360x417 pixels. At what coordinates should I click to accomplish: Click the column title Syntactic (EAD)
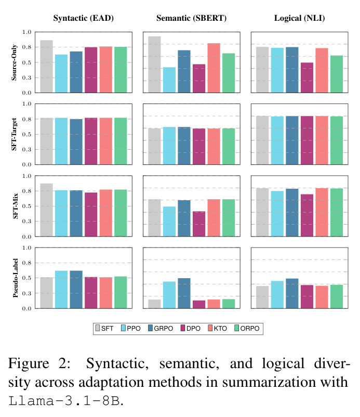pyautogui.click(x=84, y=18)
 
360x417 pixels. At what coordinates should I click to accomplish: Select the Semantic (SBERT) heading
pyautogui.click(x=191, y=18)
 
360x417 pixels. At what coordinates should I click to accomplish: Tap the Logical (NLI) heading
pyautogui.click(x=299, y=18)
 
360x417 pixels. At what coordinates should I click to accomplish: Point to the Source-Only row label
pyautogui.click(x=14, y=62)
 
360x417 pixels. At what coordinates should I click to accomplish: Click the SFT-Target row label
pyautogui.click(x=14, y=134)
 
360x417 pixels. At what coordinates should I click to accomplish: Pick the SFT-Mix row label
pyautogui.click(x=16, y=206)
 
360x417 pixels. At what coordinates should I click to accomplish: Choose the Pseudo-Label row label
pyautogui.click(x=16, y=278)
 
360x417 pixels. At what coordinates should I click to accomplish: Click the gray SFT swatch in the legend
pyautogui.click(x=98, y=328)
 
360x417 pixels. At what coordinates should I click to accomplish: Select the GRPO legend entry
pyautogui.click(x=161, y=328)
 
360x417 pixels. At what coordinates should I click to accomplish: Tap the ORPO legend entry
pyautogui.click(x=247, y=328)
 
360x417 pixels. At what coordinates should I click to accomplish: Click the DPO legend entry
pyautogui.click(x=191, y=328)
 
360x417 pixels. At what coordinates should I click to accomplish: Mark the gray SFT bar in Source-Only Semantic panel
pyautogui.click(x=154, y=64)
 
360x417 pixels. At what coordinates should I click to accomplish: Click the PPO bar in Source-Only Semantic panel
pyautogui.click(x=169, y=80)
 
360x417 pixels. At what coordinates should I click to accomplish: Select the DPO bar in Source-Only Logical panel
pyautogui.click(x=307, y=77)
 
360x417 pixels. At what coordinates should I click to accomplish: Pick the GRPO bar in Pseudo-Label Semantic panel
pyautogui.click(x=184, y=293)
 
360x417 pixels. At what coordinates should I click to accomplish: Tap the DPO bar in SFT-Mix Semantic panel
pyautogui.click(x=199, y=224)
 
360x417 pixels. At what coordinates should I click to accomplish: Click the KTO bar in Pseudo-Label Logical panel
pyautogui.click(x=322, y=297)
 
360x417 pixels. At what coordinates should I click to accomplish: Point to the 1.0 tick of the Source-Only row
pyautogui.click(x=27, y=32)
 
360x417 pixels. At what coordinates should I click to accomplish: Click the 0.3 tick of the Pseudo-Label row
pyautogui.click(x=27, y=293)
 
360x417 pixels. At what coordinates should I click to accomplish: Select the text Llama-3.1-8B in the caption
pyautogui.click(x=64, y=401)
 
